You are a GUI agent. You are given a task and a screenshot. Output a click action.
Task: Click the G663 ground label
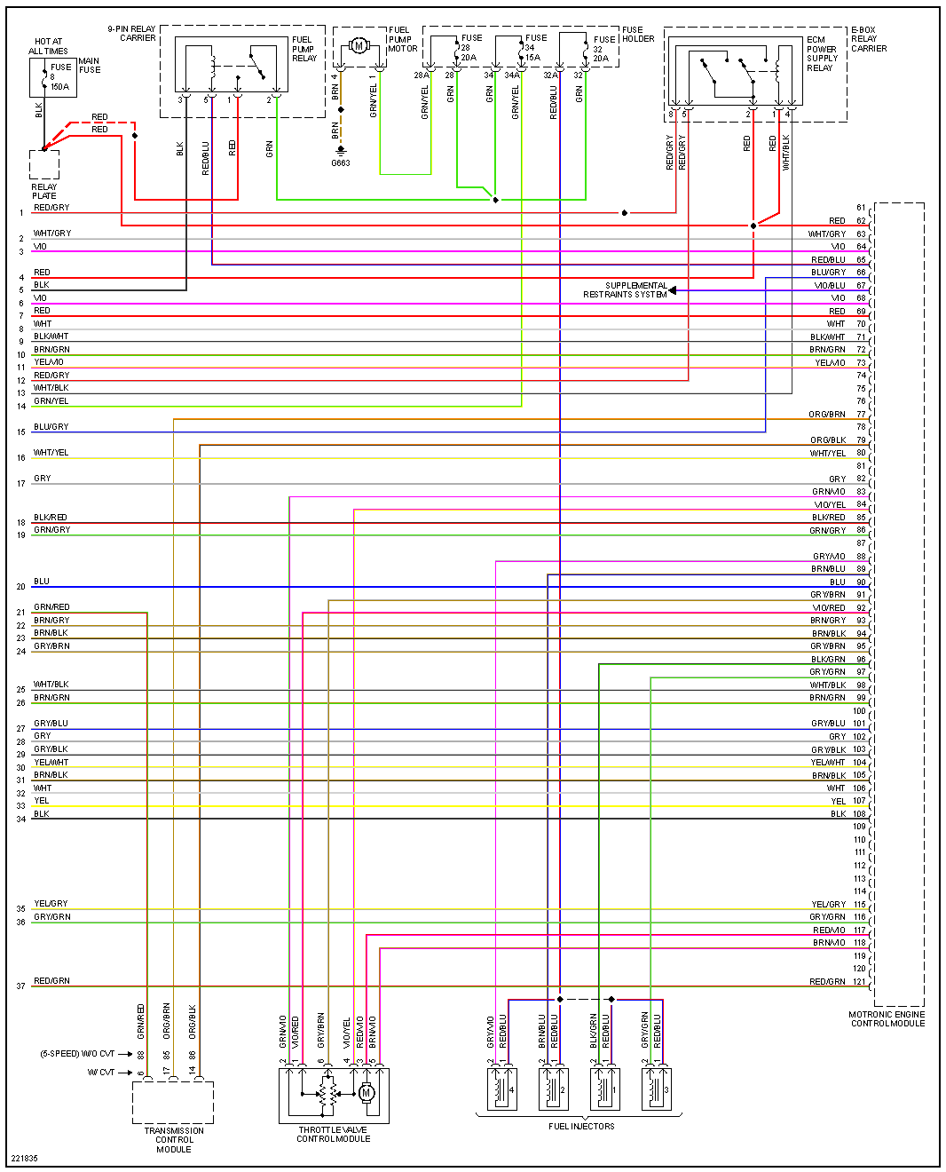tap(341, 163)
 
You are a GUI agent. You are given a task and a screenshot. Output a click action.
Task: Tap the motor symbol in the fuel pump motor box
tap(359, 45)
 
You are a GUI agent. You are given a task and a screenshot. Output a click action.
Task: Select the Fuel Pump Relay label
tap(304, 49)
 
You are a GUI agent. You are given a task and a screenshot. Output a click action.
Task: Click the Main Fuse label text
tap(90, 66)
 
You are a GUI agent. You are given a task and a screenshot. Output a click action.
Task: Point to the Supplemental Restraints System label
tap(625, 290)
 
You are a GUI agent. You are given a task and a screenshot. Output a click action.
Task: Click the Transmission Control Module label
tap(174, 1140)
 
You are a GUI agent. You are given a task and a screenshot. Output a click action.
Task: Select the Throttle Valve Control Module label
tap(334, 1135)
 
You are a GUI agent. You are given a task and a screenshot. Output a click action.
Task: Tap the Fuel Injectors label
tap(581, 1126)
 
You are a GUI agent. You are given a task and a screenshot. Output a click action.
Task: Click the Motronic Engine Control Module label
tap(887, 1018)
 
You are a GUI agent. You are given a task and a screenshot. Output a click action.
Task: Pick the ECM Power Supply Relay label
tap(822, 53)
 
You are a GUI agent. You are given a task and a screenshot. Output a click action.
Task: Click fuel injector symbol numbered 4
tap(501, 1089)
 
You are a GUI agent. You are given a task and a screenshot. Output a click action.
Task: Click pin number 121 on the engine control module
tap(859, 981)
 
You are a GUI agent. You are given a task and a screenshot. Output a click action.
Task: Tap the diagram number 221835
tap(25, 1158)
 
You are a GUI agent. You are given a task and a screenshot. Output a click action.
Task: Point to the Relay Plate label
tap(44, 192)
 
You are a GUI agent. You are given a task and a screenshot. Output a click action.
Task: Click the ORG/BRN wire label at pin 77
tap(827, 415)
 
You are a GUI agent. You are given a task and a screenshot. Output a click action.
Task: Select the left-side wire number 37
tap(20, 986)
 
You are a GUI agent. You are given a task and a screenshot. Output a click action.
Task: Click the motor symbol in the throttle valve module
tap(367, 1093)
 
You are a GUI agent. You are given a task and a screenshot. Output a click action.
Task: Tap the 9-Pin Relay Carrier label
tap(132, 34)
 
